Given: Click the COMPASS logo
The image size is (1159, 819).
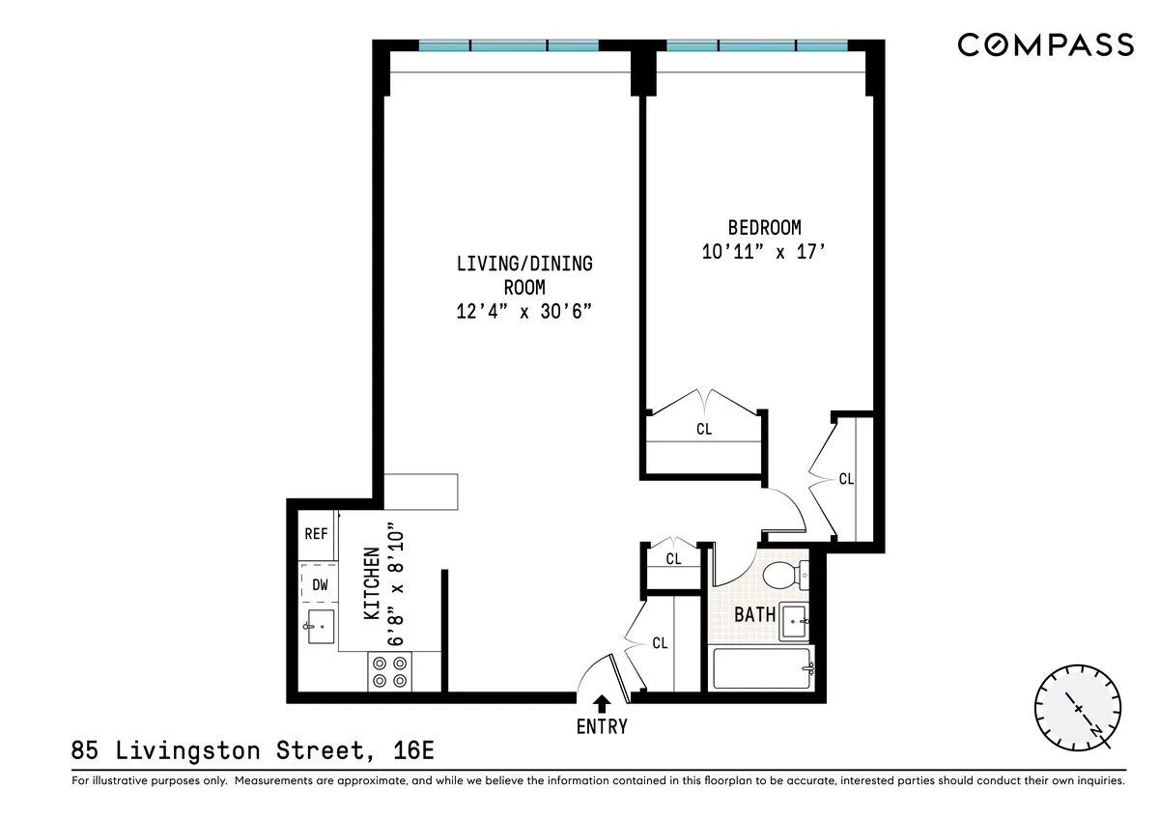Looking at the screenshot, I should (x=1045, y=44).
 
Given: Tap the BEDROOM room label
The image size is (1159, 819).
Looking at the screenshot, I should (x=764, y=228).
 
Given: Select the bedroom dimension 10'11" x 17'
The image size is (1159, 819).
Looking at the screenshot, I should (x=764, y=252).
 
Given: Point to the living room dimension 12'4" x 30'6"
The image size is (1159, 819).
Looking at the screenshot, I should (x=523, y=311).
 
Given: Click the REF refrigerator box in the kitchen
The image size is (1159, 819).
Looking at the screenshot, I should (x=316, y=534).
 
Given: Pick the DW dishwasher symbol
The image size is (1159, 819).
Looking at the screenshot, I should (x=319, y=584).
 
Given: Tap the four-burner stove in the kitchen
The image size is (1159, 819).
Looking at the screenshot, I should (x=389, y=671).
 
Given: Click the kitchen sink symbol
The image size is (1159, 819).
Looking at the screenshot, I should (x=320, y=626).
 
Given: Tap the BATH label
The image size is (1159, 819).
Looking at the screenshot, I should (x=754, y=614).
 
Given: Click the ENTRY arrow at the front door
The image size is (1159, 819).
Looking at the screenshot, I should (x=602, y=703).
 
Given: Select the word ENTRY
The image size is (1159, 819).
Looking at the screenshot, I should (x=602, y=727).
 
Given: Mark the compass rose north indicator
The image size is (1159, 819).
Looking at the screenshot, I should (x=1078, y=708).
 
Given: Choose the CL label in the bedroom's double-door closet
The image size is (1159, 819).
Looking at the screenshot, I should (x=703, y=429).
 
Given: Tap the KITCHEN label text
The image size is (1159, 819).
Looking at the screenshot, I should (x=372, y=582).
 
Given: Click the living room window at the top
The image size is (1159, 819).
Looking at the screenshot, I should (x=509, y=45).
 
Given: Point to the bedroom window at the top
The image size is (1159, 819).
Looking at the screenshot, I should (x=757, y=45).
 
